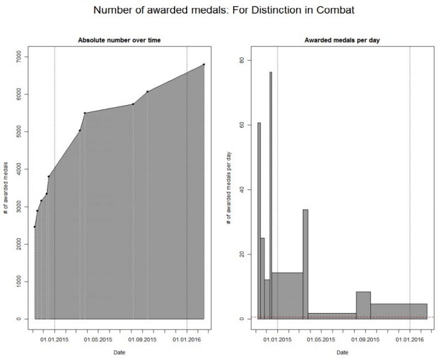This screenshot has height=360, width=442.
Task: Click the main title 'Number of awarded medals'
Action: (x=221, y=11)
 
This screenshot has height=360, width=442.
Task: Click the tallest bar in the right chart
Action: (x=271, y=194)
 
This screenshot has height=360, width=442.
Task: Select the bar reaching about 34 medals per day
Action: (x=306, y=265)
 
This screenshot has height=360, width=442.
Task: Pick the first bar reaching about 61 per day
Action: (x=259, y=221)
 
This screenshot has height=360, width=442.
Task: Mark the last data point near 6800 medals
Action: (x=204, y=65)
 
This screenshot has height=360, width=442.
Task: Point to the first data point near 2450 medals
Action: (x=34, y=227)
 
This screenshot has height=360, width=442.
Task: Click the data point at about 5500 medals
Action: (x=85, y=113)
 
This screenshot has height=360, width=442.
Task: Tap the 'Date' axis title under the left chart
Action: (x=119, y=352)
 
